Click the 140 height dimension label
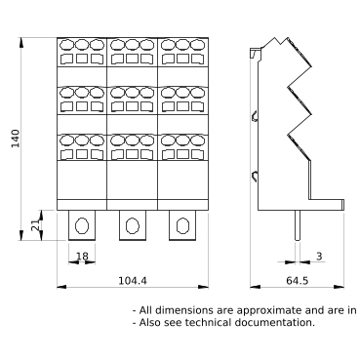pyautogui.click(x=16, y=139)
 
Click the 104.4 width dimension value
pyautogui.click(x=133, y=280)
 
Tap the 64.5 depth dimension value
pyautogui.click(x=298, y=280)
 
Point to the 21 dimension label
pyautogui.click(x=36, y=224)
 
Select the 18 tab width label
pyautogui.click(x=82, y=257)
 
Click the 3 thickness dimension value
pyautogui.click(x=319, y=257)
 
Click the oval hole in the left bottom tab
pyautogui.click(x=82, y=225)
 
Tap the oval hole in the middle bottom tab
pyautogui.click(x=133, y=225)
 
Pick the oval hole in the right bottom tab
pyautogui.click(x=182, y=225)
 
